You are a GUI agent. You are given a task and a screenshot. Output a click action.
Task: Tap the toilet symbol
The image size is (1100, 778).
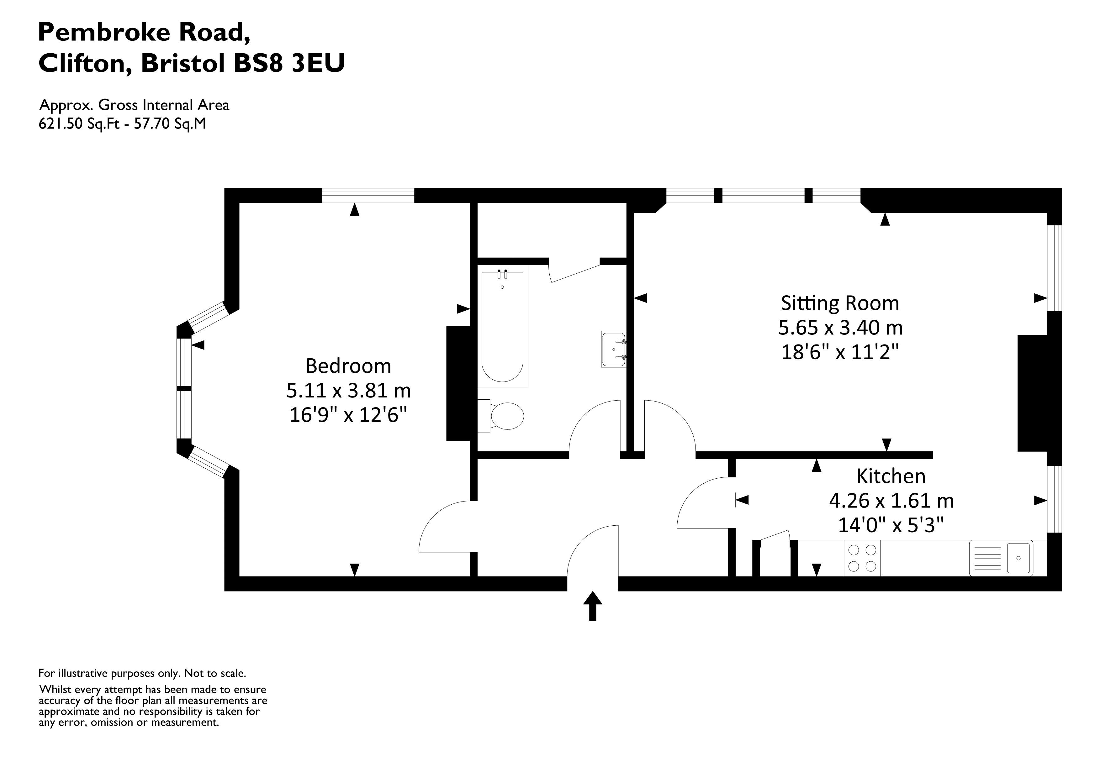(505, 416)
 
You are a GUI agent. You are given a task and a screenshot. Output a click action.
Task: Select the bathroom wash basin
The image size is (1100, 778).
(614, 349)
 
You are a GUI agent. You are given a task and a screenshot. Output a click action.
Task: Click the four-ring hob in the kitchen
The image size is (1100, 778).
(862, 558)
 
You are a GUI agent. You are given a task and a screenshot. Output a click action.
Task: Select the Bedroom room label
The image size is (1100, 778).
(348, 366)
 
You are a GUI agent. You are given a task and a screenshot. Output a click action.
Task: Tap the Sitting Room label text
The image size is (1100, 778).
(840, 303)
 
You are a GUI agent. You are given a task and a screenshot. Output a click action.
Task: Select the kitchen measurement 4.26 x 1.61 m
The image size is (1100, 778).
(891, 501)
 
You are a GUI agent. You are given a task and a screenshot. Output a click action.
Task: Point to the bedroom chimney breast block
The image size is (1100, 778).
(458, 383)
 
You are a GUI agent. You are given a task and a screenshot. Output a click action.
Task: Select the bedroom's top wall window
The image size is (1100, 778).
(368, 196)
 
